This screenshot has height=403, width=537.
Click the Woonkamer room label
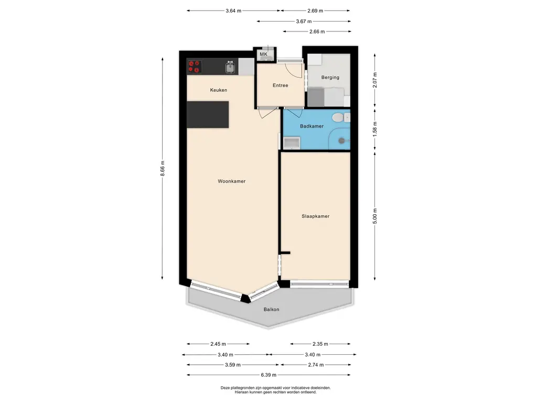pyautogui.click(x=231, y=181)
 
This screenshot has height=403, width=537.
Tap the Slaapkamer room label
pyautogui.click(x=315, y=216)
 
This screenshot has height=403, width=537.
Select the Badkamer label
pyautogui.click(x=312, y=126)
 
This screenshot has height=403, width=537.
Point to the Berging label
pyautogui.click(x=330, y=78)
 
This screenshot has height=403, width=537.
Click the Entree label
pyautogui.click(x=280, y=86)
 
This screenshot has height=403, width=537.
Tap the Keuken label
pyautogui.click(x=219, y=90)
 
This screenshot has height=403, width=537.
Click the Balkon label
pyautogui.click(x=271, y=310)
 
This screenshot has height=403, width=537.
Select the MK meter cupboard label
pyautogui.click(x=263, y=54)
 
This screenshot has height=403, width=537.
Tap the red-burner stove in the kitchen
pyautogui.click(x=194, y=67)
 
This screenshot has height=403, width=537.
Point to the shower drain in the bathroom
pyautogui.click(x=341, y=141)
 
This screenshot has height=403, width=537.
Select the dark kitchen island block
pyautogui.click(x=208, y=114)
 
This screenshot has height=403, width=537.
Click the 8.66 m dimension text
pyautogui.click(x=163, y=168)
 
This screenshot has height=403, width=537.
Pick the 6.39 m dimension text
pyautogui.click(x=268, y=375)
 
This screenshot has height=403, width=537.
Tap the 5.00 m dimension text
pyautogui.click(x=374, y=216)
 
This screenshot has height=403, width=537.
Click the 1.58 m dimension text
pyautogui.click(x=374, y=129)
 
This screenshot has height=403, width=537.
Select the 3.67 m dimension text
pyautogui.click(x=304, y=21)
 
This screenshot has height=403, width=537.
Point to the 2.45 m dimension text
pyautogui.click(x=218, y=344)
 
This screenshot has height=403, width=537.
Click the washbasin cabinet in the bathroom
pyautogui.click(x=292, y=143)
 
